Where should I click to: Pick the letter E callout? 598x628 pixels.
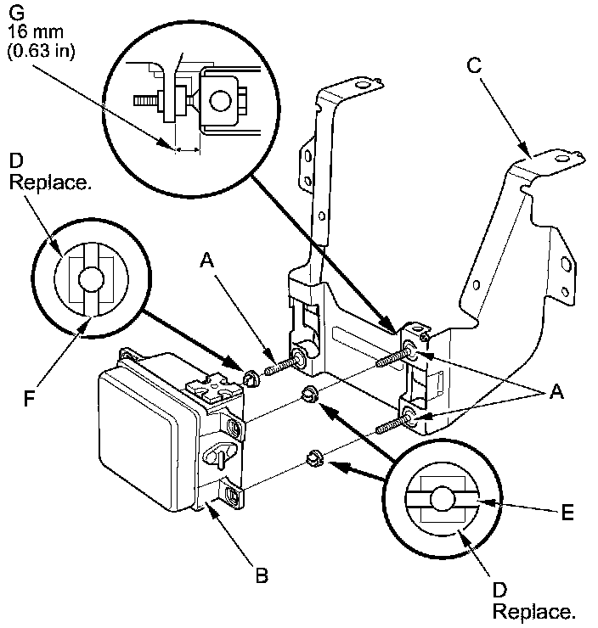(567, 513)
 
